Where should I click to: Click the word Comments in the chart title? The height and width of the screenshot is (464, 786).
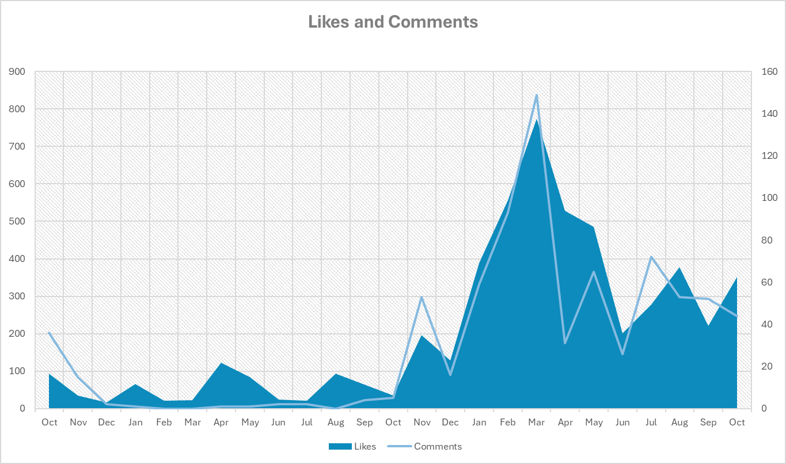point(433,22)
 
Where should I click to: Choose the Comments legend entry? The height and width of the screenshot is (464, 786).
point(438,446)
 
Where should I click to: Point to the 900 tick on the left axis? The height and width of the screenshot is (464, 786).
point(17,72)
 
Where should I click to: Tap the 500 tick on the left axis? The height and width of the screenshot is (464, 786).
point(17,222)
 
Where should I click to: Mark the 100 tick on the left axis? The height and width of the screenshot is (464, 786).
point(17,371)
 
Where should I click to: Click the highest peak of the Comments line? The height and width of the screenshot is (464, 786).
point(536,96)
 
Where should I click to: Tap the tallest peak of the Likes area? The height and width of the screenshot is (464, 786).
point(536,120)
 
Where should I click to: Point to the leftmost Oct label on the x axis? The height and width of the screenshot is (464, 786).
point(50,423)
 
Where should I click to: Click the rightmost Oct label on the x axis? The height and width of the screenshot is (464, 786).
point(737,423)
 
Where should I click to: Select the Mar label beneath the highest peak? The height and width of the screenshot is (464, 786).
point(536,423)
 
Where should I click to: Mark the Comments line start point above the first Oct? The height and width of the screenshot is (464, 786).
point(50,333)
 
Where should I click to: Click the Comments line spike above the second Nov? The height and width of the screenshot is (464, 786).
point(422,297)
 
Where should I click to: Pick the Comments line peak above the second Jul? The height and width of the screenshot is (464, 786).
point(651,257)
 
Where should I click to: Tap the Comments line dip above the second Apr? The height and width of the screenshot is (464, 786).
point(565,343)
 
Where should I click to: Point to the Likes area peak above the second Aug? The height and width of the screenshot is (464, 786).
point(679,268)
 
